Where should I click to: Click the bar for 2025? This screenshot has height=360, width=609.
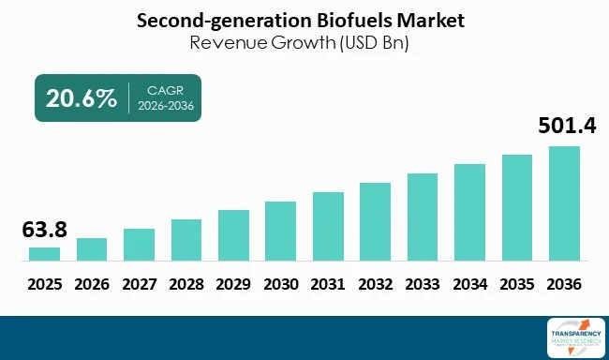coord(44,254)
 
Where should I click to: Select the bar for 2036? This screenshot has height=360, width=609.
coord(564,203)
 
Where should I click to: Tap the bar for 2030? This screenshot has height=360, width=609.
coord(280,231)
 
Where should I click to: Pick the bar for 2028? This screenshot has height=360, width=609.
coord(186,240)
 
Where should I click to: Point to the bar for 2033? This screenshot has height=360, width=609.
coord(423,217)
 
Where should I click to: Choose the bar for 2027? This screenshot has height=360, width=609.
coord(139,245)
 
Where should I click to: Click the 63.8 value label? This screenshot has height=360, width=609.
coord(44,230)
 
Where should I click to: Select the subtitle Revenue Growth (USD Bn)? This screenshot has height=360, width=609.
coord(304,42)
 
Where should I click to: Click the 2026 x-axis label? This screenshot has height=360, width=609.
coord(92,283)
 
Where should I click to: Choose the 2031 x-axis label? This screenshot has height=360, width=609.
coord(328,283)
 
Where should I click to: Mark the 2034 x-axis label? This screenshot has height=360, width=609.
coord(469,283)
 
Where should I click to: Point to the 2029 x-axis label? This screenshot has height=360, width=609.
coord(233,283)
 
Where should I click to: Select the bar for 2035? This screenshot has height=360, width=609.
coord(517,207)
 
